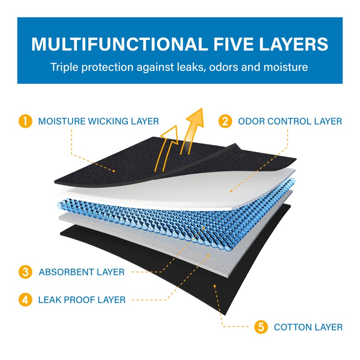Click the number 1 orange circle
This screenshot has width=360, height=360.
pyautogui.click(x=26, y=121)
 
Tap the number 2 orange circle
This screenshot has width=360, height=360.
pyautogui.click(x=225, y=121)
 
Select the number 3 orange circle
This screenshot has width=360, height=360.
pyautogui.click(x=26, y=272)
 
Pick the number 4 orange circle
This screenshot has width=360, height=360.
pyautogui.click(x=26, y=299)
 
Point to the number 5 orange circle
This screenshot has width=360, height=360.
pyautogui.click(x=261, y=327)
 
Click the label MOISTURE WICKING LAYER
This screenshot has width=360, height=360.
pyautogui.click(x=99, y=121)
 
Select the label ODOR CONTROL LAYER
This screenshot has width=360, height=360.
pyautogui.click(x=290, y=121)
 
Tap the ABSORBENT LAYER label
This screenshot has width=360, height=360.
pyautogui.click(x=81, y=272)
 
